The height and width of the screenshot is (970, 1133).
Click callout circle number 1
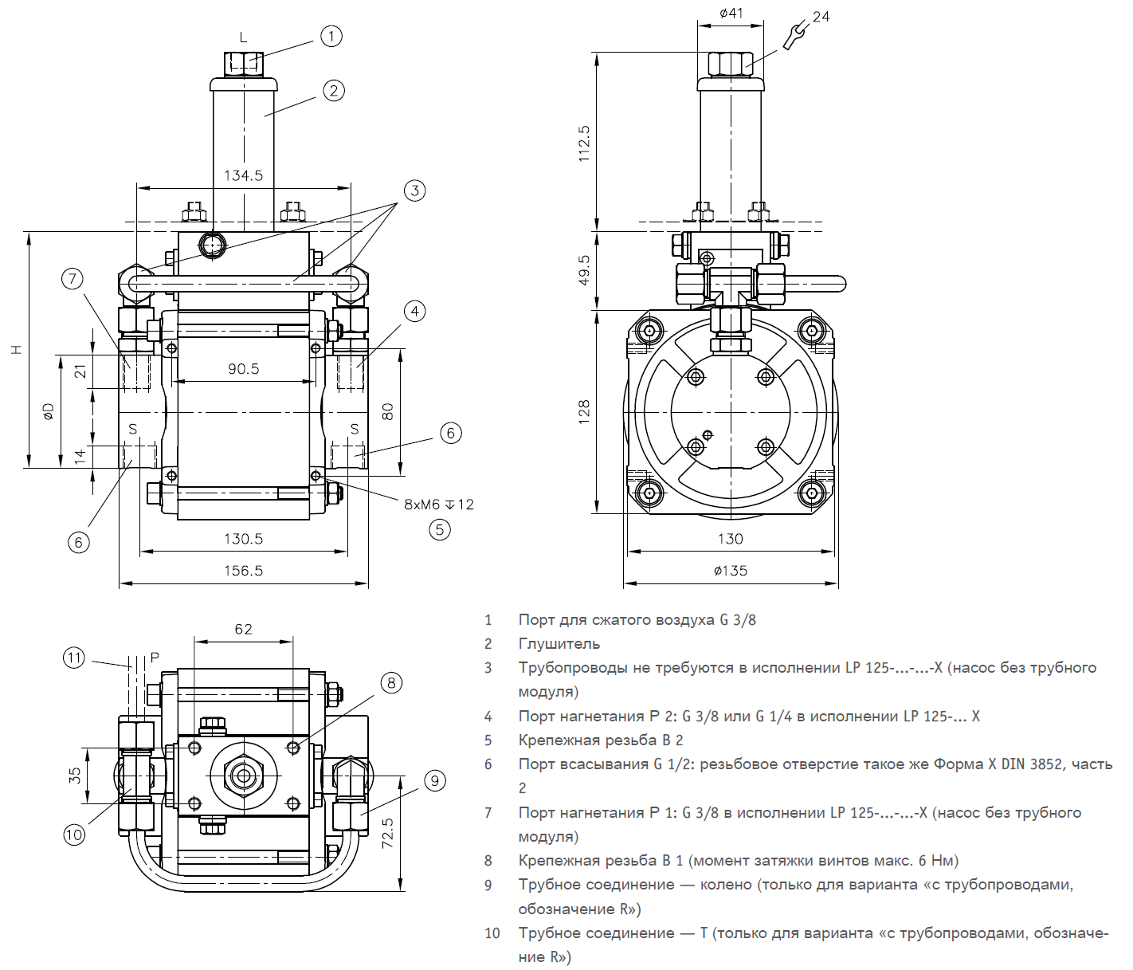(331, 36)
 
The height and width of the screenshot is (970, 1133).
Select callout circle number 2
(334, 91)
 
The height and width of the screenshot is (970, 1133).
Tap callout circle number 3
(414, 190)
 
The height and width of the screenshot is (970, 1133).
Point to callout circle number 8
(390, 683)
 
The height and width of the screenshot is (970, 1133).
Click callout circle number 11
(74, 658)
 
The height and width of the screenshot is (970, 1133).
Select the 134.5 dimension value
(243, 175)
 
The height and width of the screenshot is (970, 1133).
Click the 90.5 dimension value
(243, 369)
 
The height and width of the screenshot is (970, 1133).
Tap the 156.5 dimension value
(243, 571)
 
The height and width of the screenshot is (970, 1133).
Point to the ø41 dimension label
(731, 13)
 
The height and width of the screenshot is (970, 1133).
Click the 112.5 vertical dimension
(584, 143)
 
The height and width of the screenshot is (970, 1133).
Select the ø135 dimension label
(731, 571)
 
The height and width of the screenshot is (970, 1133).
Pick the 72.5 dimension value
(388, 833)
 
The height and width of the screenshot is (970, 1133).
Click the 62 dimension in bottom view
(243, 629)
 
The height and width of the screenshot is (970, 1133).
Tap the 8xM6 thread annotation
(438, 505)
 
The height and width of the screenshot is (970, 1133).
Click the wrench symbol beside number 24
(794, 34)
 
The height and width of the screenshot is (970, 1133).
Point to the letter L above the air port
(244, 37)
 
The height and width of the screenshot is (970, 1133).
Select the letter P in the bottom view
(155, 658)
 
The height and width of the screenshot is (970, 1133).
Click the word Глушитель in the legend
(559, 644)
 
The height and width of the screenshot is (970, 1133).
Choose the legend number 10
(492, 933)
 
